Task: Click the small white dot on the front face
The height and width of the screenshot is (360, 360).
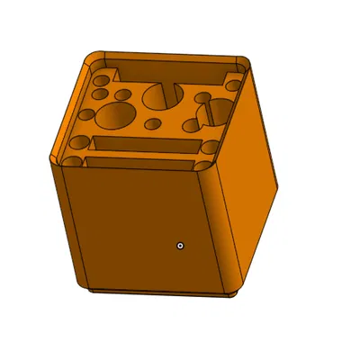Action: tap(180, 244)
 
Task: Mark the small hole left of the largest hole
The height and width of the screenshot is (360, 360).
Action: tap(87, 115)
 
